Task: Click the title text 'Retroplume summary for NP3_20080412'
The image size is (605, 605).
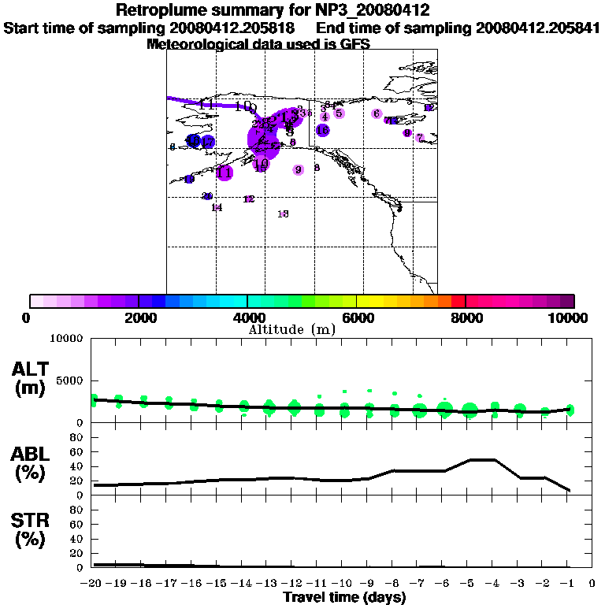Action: click(x=272, y=11)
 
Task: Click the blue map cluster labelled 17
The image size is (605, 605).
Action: click(x=207, y=142)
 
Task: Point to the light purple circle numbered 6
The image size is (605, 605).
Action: click(x=377, y=113)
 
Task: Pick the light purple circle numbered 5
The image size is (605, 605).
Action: click(x=339, y=113)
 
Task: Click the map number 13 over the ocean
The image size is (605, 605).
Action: click(x=284, y=213)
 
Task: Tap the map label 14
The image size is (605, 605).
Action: click(x=217, y=208)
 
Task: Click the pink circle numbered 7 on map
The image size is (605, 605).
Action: click(x=420, y=138)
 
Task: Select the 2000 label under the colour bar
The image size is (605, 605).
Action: click(x=139, y=317)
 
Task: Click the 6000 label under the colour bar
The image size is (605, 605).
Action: click(x=357, y=317)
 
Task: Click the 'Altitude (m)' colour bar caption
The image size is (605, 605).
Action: click(x=292, y=329)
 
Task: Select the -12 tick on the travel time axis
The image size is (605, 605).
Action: click(x=293, y=584)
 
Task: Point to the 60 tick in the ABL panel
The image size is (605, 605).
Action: click(x=79, y=451)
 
